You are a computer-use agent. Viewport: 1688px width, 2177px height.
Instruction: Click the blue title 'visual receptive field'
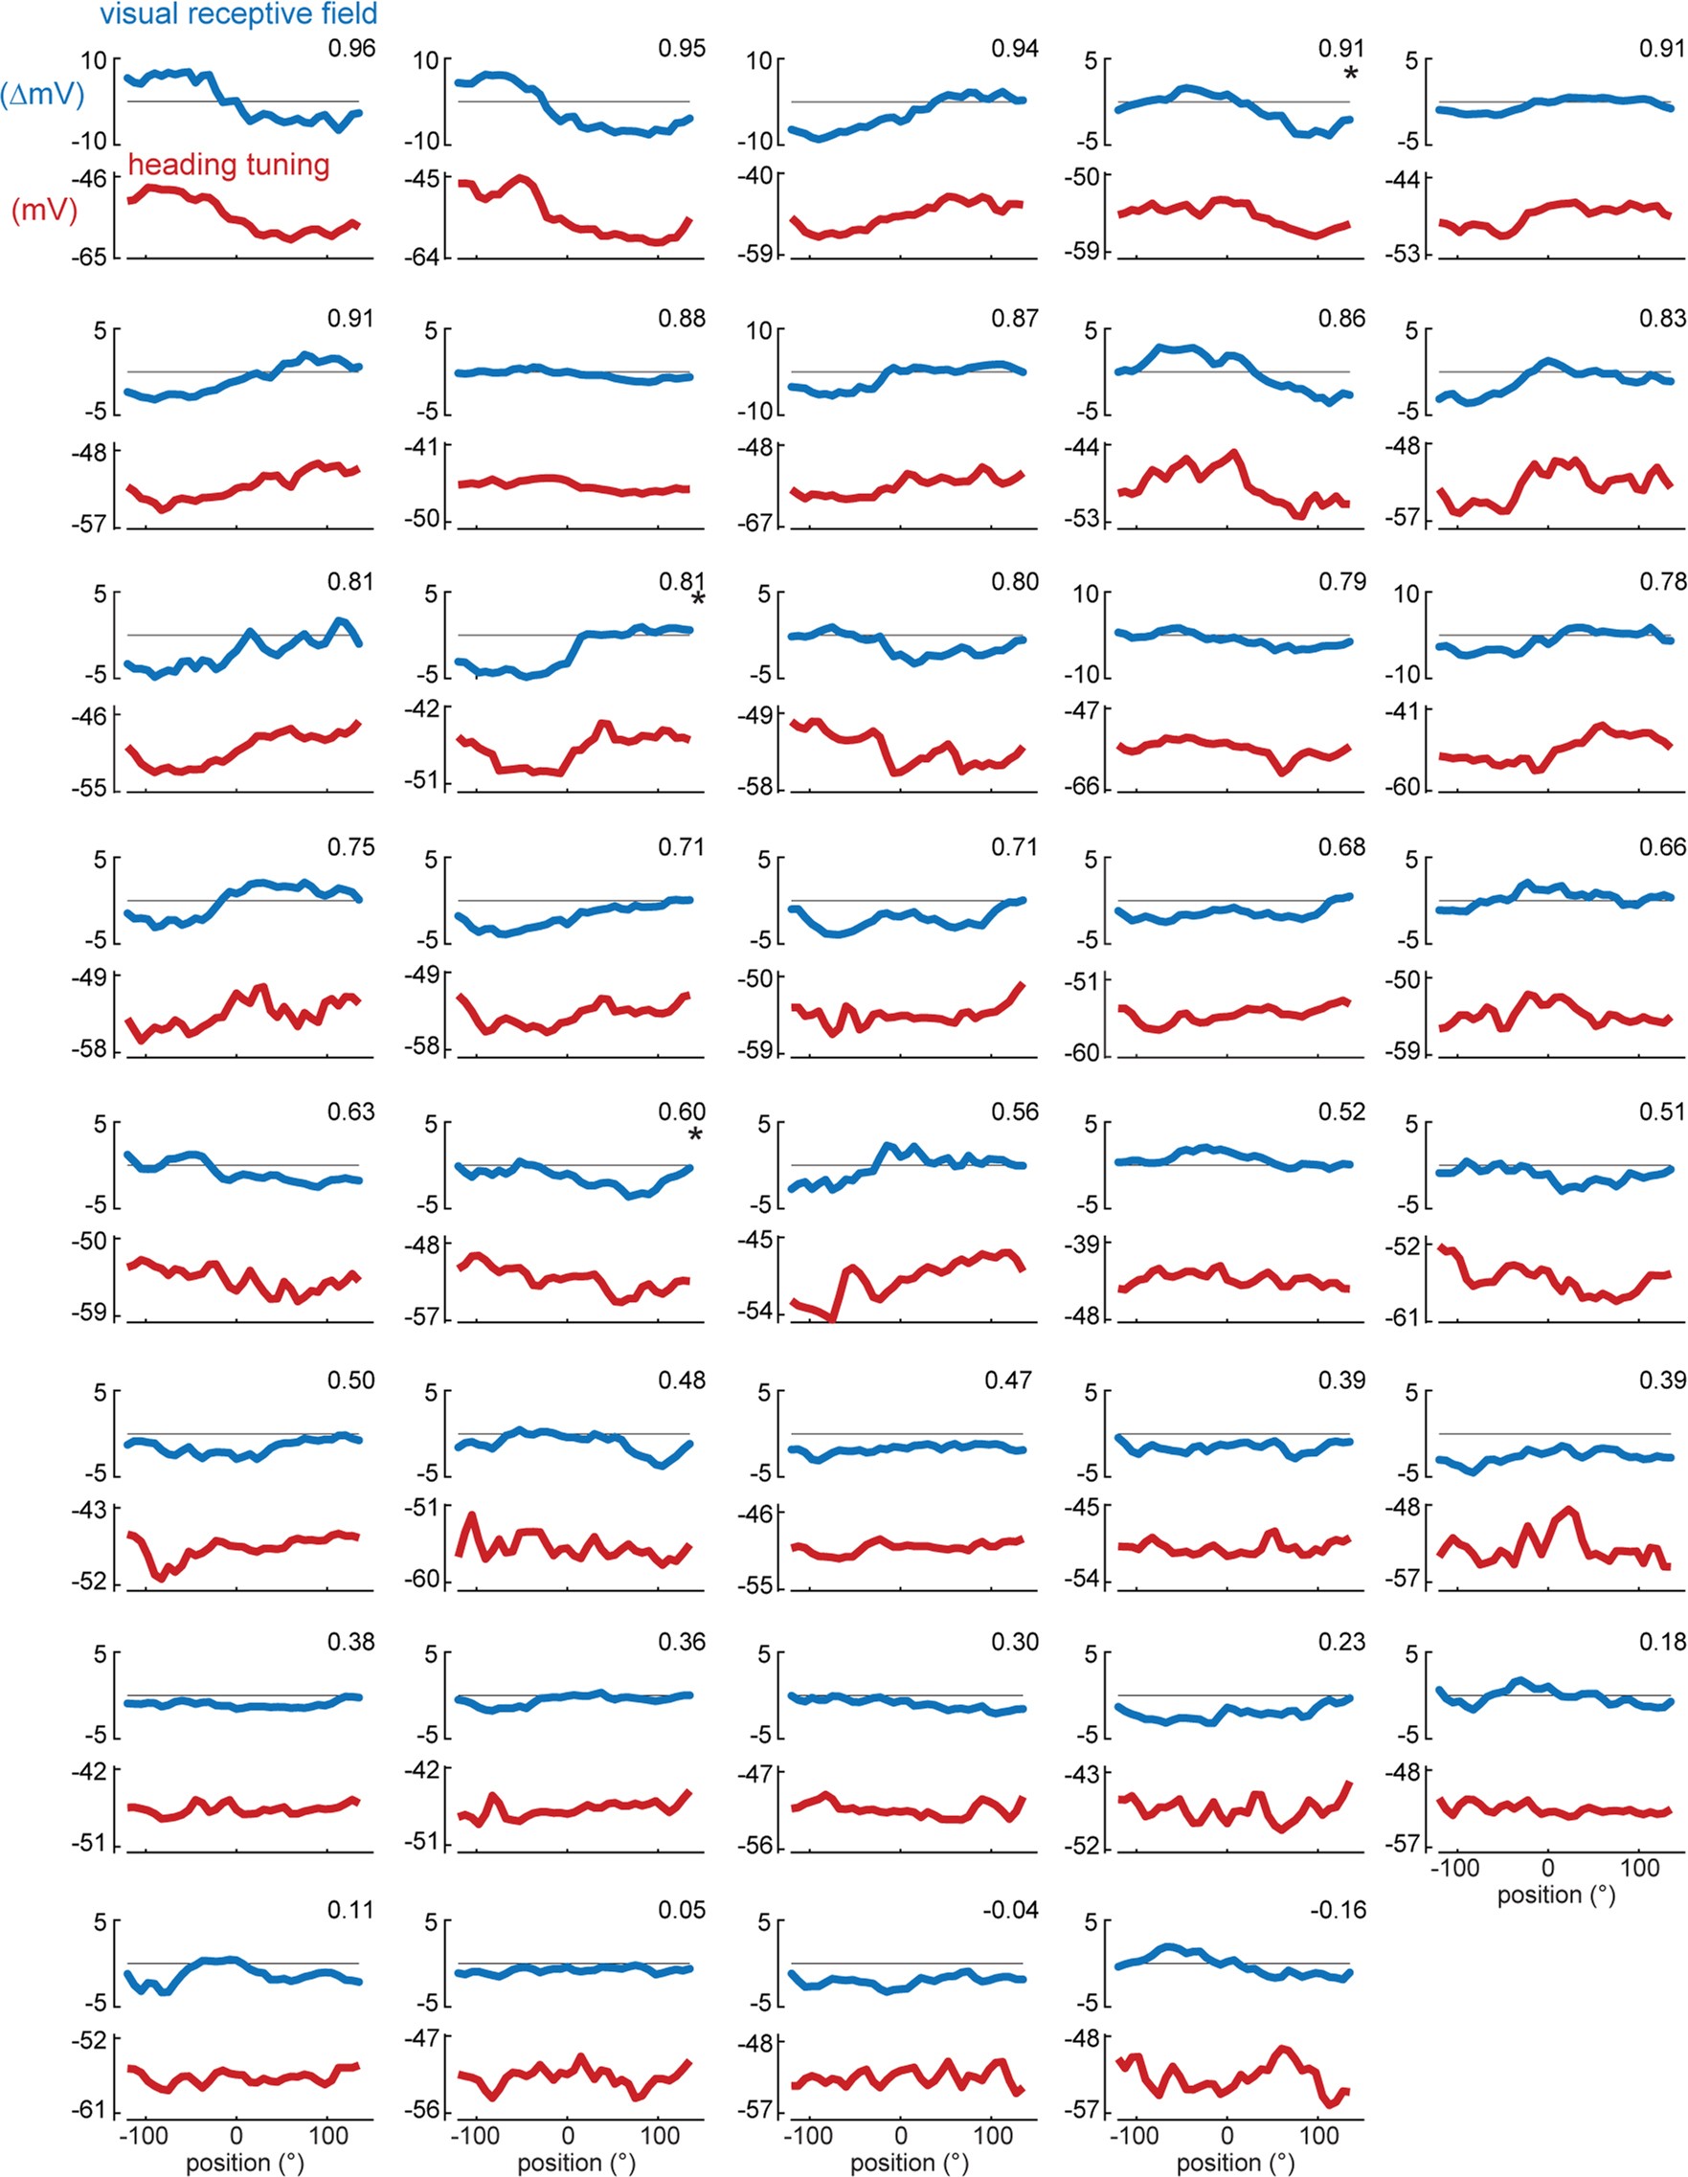pos(238,14)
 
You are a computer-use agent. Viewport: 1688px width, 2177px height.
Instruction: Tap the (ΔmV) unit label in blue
pos(43,96)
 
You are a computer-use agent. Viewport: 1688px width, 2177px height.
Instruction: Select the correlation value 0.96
pos(351,49)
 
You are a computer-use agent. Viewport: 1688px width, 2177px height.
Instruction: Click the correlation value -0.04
pos(1010,1910)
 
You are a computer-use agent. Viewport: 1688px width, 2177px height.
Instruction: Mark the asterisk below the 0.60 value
pos(696,1135)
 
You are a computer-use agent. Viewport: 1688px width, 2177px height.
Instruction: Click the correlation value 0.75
pos(351,847)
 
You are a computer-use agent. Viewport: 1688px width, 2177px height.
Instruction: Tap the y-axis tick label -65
pos(88,258)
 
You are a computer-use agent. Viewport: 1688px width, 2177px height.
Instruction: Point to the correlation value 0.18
pos(1662,1642)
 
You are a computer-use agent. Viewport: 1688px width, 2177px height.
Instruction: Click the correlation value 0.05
pos(681,1910)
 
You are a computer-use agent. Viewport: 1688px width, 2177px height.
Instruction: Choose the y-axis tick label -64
pos(420,258)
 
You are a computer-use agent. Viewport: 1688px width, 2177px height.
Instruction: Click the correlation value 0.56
pos(1014,1112)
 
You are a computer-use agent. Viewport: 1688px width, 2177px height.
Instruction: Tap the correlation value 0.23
pos(1341,1642)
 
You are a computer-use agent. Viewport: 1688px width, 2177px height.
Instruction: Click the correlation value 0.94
pos(1014,49)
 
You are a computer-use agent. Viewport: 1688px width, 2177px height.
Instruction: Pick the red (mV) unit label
pos(45,211)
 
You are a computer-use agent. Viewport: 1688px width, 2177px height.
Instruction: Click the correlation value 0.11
pos(351,1910)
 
